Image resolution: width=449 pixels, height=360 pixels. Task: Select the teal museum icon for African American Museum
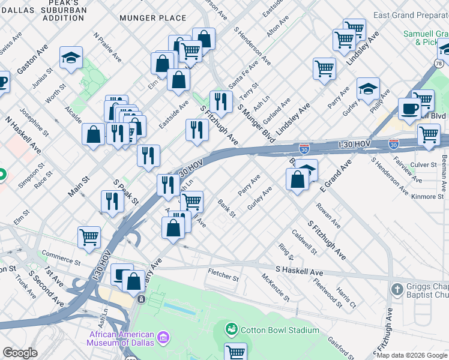click(x=163, y=340)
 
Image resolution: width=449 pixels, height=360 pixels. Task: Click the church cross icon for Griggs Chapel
click(x=396, y=290)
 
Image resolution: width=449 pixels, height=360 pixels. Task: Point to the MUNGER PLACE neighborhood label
click(x=153, y=18)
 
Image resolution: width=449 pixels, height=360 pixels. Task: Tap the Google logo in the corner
click(x=20, y=353)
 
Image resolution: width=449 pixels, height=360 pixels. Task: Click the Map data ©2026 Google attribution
click(x=412, y=355)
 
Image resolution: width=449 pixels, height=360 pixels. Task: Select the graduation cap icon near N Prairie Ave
click(x=71, y=58)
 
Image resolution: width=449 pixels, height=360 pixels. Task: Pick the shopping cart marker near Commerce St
click(x=89, y=236)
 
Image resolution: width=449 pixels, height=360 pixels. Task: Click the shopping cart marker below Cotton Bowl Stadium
click(x=236, y=352)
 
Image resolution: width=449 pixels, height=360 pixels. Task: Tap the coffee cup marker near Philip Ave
click(x=410, y=109)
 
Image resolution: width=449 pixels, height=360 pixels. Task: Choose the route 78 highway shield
click(x=439, y=62)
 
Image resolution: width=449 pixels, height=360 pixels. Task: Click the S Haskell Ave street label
click(x=299, y=272)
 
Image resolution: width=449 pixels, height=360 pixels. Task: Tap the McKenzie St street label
click(x=276, y=287)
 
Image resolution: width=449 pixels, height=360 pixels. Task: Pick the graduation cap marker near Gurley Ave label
click(x=368, y=89)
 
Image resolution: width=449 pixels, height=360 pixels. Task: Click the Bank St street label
click(x=227, y=209)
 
